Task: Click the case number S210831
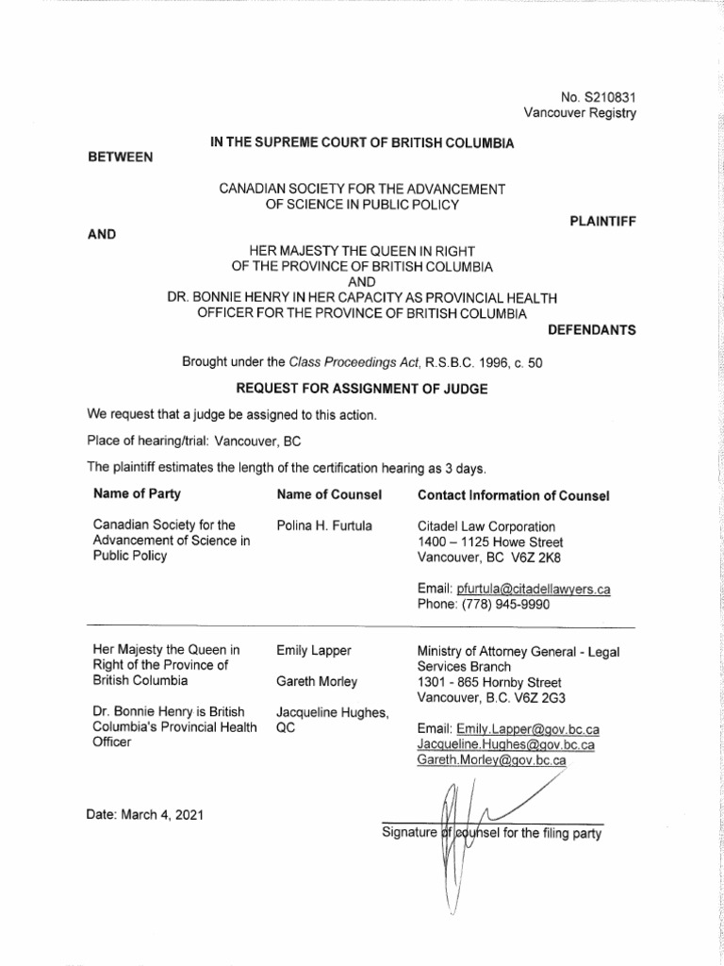click(613, 96)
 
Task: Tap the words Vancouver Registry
click(580, 113)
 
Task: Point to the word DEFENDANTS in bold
click(591, 330)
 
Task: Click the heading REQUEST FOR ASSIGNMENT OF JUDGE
click(363, 388)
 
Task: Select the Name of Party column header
click(137, 494)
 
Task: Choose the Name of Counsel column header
click(329, 494)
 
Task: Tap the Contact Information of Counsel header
click(513, 495)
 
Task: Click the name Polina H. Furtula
click(326, 526)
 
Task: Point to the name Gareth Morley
click(319, 680)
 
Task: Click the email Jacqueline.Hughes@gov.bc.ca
click(505, 744)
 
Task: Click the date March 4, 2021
click(163, 813)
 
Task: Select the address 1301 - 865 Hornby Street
click(489, 681)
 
